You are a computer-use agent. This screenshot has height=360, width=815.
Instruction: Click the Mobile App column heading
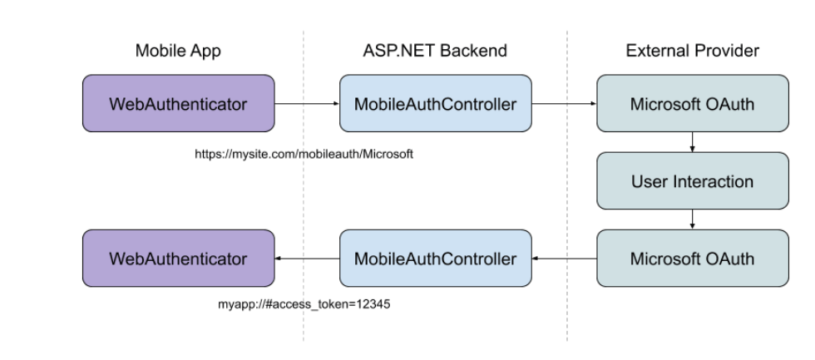click(178, 52)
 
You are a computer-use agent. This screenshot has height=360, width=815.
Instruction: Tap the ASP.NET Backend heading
click(435, 52)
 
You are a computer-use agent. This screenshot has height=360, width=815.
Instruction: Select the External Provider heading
click(692, 52)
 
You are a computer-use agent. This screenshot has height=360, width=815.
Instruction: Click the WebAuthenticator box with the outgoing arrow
click(178, 103)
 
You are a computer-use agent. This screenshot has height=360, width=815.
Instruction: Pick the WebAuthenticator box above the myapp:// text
click(178, 258)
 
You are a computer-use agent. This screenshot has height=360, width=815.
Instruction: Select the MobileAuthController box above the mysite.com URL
click(436, 103)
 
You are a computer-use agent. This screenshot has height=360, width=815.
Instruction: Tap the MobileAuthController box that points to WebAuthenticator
click(436, 258)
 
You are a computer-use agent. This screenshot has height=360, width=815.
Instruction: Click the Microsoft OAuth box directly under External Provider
click(693, 103)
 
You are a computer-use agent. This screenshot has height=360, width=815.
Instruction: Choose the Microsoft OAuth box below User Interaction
click(693, 258)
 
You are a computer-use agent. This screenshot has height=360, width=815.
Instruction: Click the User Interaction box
click(693, 180)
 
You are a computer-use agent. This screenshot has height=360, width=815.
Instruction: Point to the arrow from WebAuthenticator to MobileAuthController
click(307, 104)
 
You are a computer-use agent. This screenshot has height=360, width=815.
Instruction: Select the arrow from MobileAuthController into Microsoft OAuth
click(564, 104)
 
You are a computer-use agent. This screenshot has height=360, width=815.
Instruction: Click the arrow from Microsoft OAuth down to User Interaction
click(693, 141)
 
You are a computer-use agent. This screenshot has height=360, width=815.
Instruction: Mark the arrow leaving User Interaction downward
click(693, 219)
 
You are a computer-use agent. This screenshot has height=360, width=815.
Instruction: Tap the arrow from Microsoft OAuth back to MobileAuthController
click(564, 259)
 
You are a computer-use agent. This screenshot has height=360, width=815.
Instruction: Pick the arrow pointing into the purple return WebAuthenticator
click(307, 259)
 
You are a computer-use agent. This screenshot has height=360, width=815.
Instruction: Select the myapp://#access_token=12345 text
click(304, 304)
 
